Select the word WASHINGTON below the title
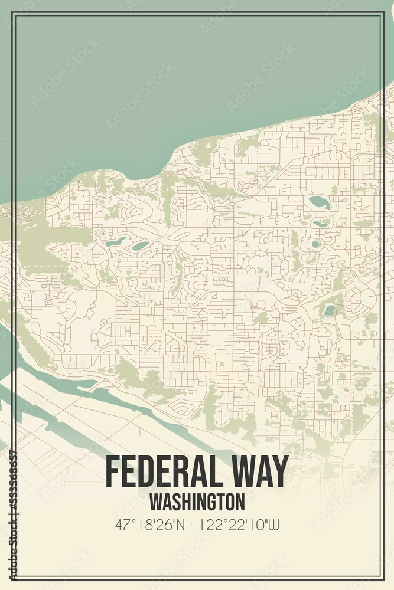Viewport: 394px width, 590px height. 197,501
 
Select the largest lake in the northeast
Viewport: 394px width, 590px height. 320,202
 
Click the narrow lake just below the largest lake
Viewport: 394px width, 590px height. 320,224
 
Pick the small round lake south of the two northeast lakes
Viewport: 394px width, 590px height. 315,244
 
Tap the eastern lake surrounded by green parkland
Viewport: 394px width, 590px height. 329,310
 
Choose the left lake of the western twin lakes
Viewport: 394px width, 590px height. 116,241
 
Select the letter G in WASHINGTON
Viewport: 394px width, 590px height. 214,501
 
